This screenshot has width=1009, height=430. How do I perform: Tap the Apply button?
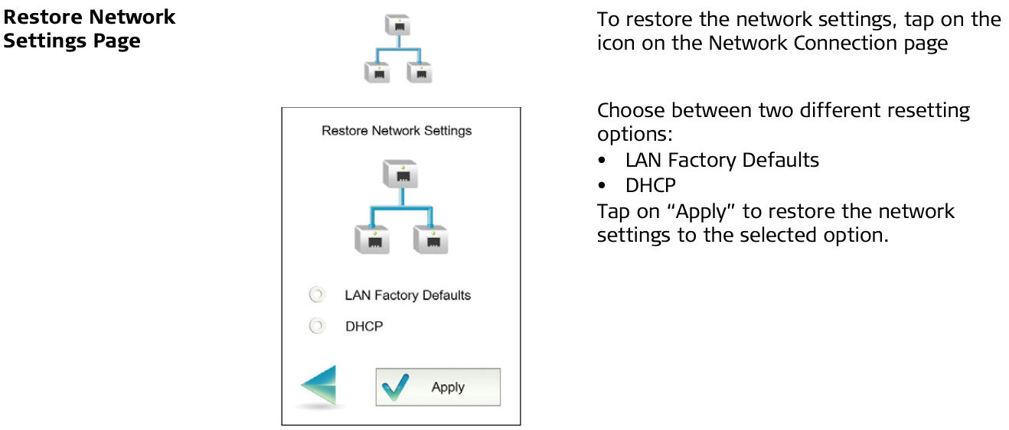tap(438, 387)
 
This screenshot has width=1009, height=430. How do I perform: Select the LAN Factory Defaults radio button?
tap(317, 295)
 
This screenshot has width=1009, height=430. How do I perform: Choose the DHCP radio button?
tap(317, 325)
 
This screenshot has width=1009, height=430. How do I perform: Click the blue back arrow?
tap(320, 385)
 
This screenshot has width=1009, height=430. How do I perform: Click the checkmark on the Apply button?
tap(395, 387)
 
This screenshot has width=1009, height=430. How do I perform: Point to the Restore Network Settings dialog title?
tap(397, 131)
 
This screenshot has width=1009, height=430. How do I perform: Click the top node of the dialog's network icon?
tap(400, 174)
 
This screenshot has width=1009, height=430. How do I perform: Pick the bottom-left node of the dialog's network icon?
tap(372, 239)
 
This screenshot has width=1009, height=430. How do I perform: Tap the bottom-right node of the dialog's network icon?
tap(431, 239)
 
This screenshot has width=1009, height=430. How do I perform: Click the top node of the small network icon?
tap(397, 24)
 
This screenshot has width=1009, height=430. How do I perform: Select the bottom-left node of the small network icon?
tap(377, 73)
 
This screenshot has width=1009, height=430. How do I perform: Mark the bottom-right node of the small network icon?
tap(420, 73)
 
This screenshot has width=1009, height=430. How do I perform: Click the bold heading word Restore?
tap(43, 17)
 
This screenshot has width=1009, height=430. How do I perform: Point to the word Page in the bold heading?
tap(116, 41)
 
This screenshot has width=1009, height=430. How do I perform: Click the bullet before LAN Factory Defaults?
tap(602, 160)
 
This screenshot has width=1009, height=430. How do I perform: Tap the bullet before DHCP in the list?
tap(602, 185)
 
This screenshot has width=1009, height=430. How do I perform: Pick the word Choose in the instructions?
tap(630, 110)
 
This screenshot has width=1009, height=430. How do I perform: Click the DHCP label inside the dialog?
tap(364, 326)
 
